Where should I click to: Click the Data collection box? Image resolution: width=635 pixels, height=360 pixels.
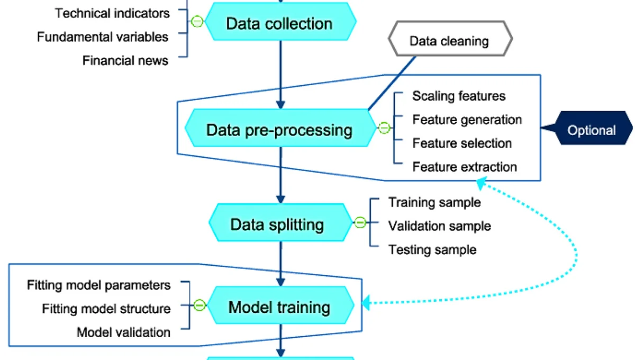pyautogui.click(x=280, y=24)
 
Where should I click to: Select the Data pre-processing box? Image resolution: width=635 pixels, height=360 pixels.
pyautogui.click(x=279, y=130)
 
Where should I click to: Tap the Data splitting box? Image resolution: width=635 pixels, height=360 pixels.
pyautogui.click(x=277, y=224)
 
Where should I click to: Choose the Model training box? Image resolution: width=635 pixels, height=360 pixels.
pyautogui.click(x=279, y=307)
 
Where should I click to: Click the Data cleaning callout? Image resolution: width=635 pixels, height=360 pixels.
pyautogui.click(x=450, y=41)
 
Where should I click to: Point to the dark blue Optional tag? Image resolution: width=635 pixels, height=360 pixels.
pyautogui.click(x=591, y=130)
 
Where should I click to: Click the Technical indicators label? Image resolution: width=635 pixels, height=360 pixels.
pyautogui.click(x=113, y=13)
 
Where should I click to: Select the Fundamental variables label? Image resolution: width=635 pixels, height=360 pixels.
pyautogui.click(x=103, y=37)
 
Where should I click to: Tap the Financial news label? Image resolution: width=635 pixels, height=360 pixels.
pyautogui.click(x=125, y=61)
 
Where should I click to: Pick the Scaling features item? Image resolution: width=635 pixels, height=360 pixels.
pyautogui.click(x=459, y=96)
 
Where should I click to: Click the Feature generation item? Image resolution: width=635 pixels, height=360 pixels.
pyautogui.click(x=467, y=120)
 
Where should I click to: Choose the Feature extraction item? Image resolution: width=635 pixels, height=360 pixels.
pyautogui.click(x=465, y=167)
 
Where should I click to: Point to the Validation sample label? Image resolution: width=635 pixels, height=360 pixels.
pyautogui.click(x=439, y=226)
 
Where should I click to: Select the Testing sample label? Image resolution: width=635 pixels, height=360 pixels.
pyautogui.click(x=432, y=249)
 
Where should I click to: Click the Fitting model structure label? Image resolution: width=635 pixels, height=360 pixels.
pyautogui.click(x=106, y=309)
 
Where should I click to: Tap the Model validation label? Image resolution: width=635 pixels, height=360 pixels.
pyautogui.click(x=123, y=332)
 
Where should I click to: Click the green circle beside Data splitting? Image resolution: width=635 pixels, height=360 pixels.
pyautogui.click(x=360, y=223)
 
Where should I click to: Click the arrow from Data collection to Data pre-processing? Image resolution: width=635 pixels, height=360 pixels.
pyautogui.click(x=280, y=74)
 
